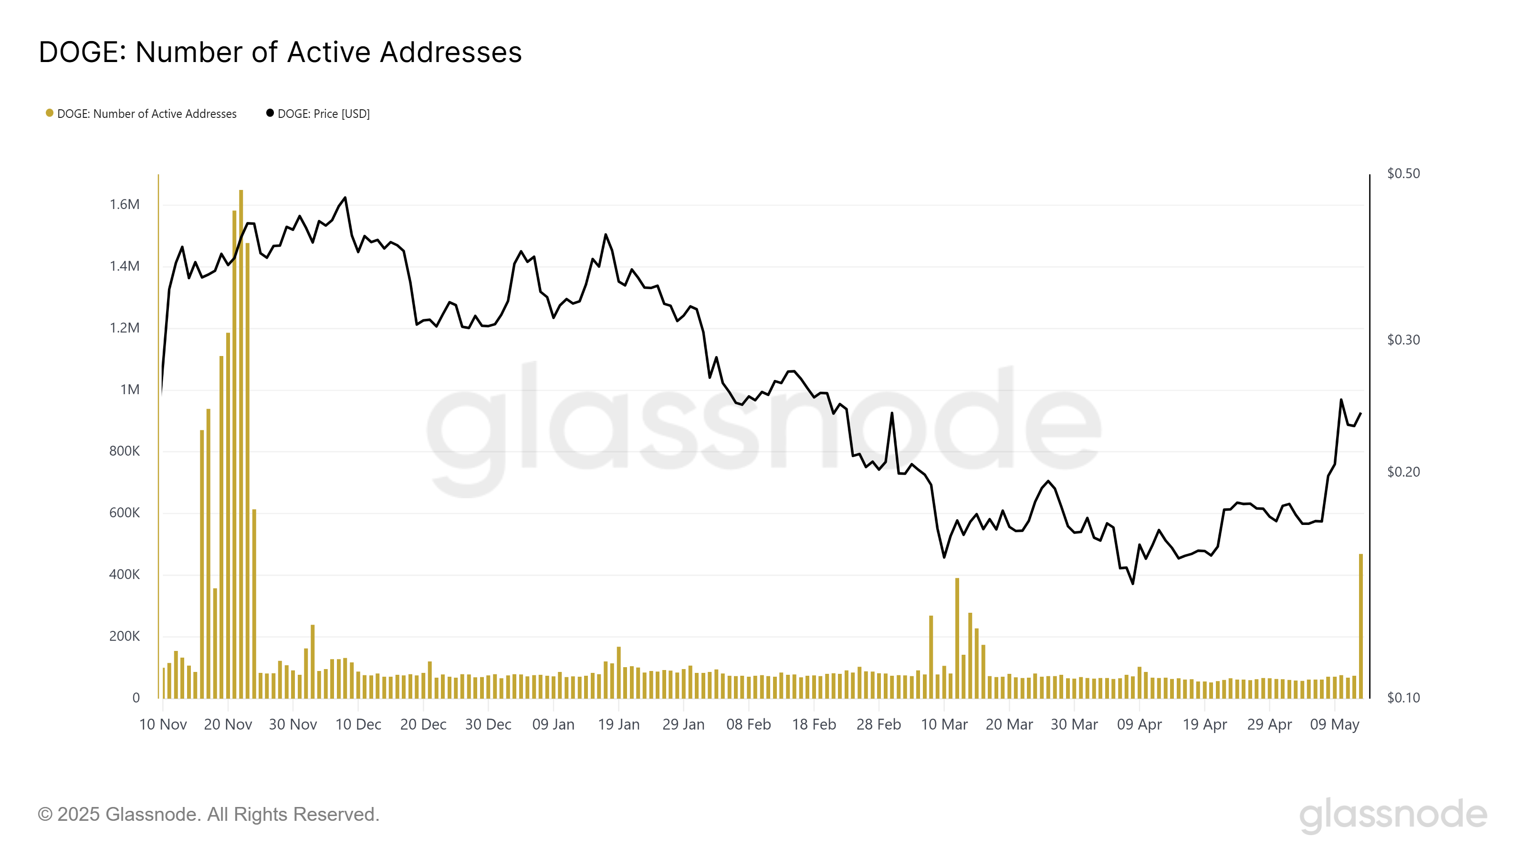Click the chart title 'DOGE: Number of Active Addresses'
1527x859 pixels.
[280, 52]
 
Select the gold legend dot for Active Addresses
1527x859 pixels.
[50, 113]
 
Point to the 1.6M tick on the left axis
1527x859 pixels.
[125, 205]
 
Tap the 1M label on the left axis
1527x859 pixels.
[130, 389]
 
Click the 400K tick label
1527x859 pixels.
[125, 575]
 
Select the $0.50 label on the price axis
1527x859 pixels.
[1403, 174]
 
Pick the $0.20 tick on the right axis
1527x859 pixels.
[1403, 472]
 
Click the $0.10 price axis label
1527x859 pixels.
[1403, 698]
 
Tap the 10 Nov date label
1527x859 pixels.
[163, 724]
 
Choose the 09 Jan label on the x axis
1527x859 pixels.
[553, 724]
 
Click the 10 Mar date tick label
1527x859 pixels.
[944, 724]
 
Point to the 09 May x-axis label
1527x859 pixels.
[1334, 724]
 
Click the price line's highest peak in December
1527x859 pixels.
[345, 198]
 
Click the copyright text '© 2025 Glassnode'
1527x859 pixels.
[208, 815]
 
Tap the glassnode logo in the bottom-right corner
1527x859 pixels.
[1393, 815]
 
